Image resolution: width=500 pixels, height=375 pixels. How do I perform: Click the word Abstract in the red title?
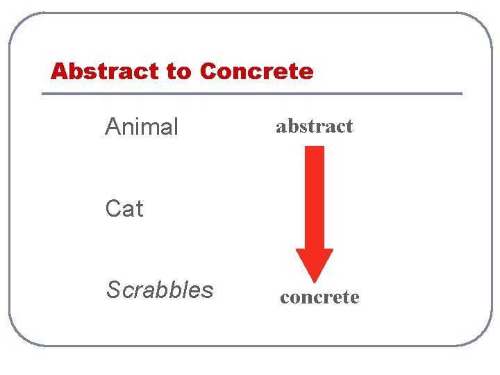click(104, 71)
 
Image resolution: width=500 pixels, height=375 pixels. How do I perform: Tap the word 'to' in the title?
click(178, 72)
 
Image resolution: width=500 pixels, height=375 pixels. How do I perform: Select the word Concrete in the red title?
click(256, 71)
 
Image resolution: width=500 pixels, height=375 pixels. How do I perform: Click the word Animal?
click(142, 127)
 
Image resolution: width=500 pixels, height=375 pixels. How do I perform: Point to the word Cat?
click(124, 208)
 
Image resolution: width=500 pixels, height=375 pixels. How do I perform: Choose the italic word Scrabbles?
click(160, 290)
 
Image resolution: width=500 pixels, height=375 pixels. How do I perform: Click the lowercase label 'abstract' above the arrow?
click(314, 126)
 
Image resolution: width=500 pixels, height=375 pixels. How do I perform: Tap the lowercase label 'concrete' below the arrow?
click(319, 297)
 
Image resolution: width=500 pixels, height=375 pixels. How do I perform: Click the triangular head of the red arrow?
click(315, 263)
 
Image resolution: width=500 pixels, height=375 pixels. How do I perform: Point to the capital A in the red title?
click(59, 71)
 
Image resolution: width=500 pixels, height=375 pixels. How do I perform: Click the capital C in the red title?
click(208, 71)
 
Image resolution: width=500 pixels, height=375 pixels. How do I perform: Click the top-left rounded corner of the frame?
click(21, 24)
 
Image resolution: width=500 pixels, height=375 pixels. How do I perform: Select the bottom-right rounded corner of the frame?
click(479, 334)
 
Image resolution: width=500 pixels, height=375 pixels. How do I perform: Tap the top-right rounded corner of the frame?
click(479, 24)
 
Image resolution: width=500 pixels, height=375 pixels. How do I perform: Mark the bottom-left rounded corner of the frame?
click(21, 334)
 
